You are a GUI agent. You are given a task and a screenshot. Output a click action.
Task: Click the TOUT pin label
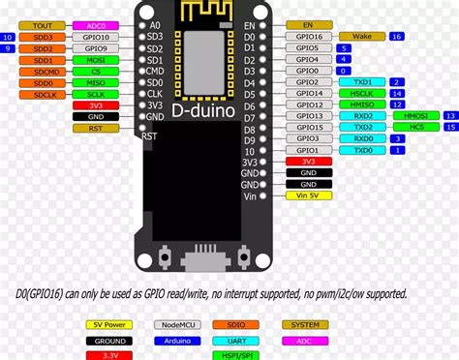(42, 26)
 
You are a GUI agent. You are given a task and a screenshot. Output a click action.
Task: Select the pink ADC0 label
(95, 26)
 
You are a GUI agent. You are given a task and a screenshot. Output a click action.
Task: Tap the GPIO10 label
(95, 47)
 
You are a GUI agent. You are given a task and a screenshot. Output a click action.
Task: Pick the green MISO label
(95, 83)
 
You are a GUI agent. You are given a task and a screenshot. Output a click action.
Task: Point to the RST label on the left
(95, 128)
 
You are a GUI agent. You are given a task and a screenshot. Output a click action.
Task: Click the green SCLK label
(95, 95)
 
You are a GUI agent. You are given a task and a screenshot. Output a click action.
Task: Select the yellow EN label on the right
(308, 24)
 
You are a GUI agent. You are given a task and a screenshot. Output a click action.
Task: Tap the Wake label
(361, 36)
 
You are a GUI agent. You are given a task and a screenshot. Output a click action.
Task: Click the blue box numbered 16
(396, 36)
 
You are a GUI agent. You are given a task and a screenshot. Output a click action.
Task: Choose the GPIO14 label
(308, 94)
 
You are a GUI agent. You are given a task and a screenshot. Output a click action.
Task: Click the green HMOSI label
(414, 116)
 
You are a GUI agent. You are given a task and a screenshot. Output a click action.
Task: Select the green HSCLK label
(362, 94)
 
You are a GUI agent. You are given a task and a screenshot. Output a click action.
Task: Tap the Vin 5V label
(308, 195)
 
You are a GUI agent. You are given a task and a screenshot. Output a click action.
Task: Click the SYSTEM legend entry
(306, 326)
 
